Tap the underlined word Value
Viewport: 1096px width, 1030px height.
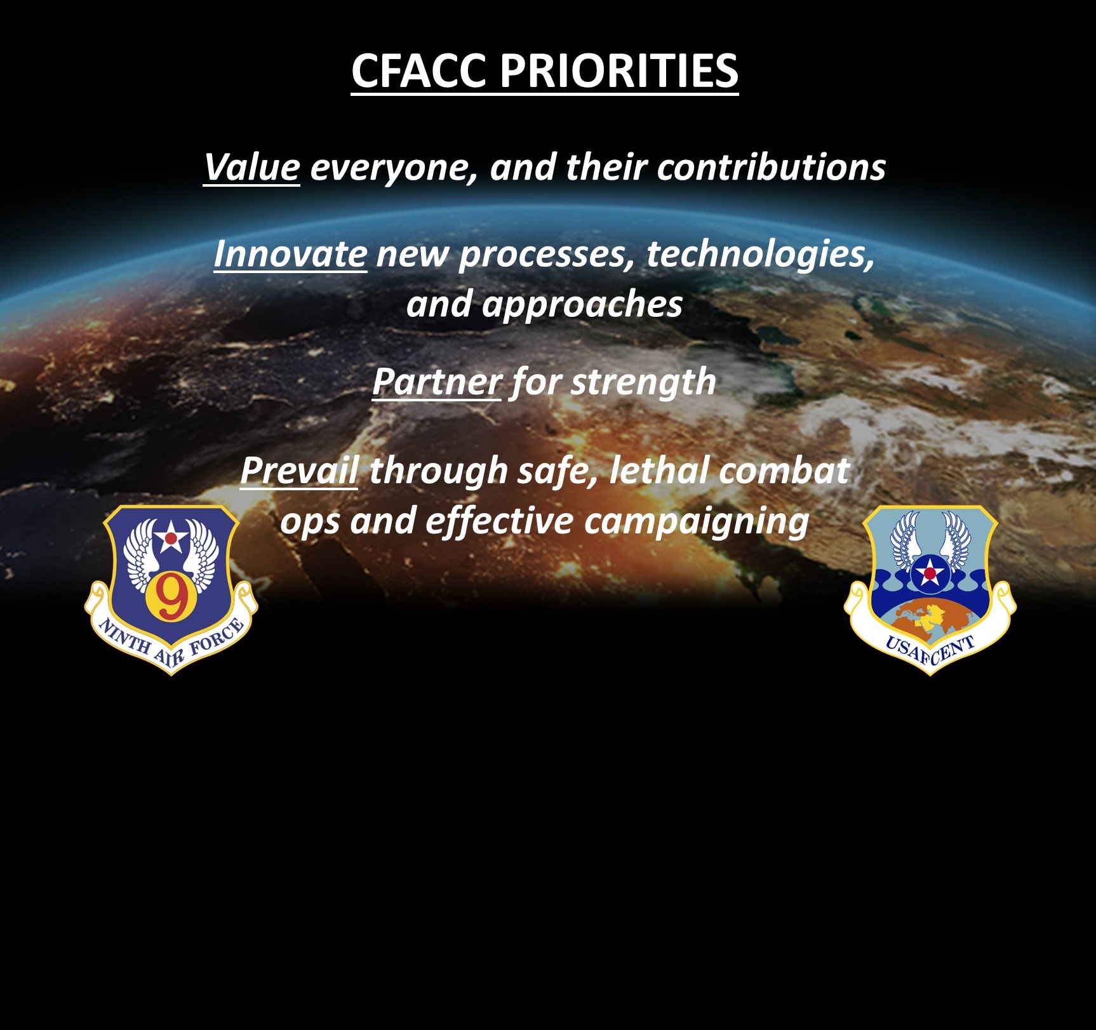pos(251,167)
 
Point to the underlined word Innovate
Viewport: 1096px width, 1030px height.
pos(290,254)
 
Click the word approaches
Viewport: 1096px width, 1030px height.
pos(582,305)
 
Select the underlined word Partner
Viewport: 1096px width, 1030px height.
pos(437,382)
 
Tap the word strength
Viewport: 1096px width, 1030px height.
pos(643,383)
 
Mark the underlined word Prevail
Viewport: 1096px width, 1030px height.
pos(299,471)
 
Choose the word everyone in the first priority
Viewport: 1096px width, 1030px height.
pos(394,168)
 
